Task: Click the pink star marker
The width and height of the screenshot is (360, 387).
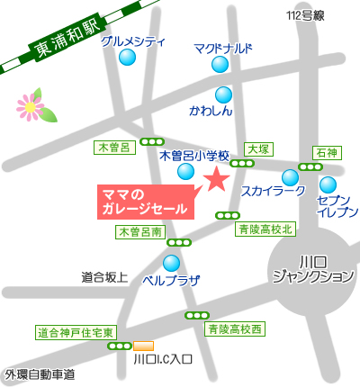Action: point(216,179)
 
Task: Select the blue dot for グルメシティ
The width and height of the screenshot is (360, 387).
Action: point(128,58)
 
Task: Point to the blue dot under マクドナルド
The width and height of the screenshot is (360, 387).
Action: point(220,64)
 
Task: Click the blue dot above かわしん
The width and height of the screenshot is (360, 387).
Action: point(222,94)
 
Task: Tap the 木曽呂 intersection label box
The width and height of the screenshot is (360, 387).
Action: point(113,146)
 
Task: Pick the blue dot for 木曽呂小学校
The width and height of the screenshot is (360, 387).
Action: point(185,171)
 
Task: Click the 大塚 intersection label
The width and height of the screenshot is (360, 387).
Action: point(258,148)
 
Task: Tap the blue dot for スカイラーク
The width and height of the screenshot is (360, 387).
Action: point(290,177)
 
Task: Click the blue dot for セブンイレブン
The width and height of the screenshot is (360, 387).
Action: point(328,185)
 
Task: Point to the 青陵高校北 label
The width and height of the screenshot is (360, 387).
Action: point(265,229)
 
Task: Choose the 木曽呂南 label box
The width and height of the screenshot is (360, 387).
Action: point(140,231)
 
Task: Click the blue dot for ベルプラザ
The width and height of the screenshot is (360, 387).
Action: point(171,263)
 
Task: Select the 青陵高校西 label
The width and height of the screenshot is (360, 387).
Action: point(235,329)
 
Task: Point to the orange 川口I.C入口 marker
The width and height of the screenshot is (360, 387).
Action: point(143,346)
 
